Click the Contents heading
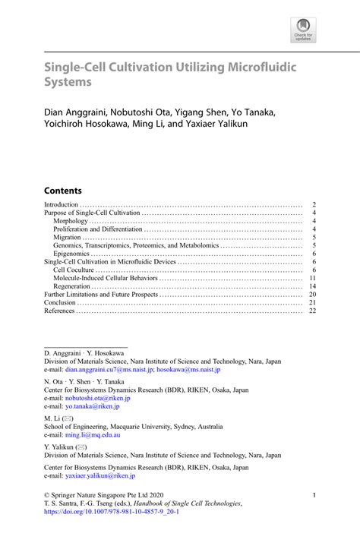(x=63, y=191)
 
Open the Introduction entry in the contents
(x=62, y=205)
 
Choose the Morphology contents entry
(x=71, y=221)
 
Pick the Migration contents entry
(x=68, y=237)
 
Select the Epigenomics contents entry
(x=74, y=254)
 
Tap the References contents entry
(x=60, y=310)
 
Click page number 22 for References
(x=312, y=310)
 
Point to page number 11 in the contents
(x=312, y=278)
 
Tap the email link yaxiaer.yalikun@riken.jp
(x=100, y=475)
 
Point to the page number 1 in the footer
(x=314, y=495)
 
